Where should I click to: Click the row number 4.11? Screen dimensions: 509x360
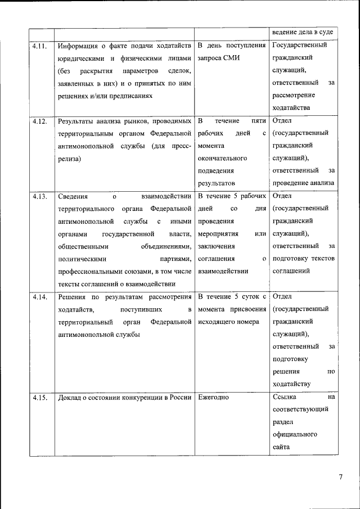click(x=39, y=45)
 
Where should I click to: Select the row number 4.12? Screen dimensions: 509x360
click(x=39, y=121)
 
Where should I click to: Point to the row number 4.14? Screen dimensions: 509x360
click(x=39, y=297)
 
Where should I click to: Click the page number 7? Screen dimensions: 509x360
click(x=340, y=478)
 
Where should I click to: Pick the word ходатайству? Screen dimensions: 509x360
click(x=291, y=384)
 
